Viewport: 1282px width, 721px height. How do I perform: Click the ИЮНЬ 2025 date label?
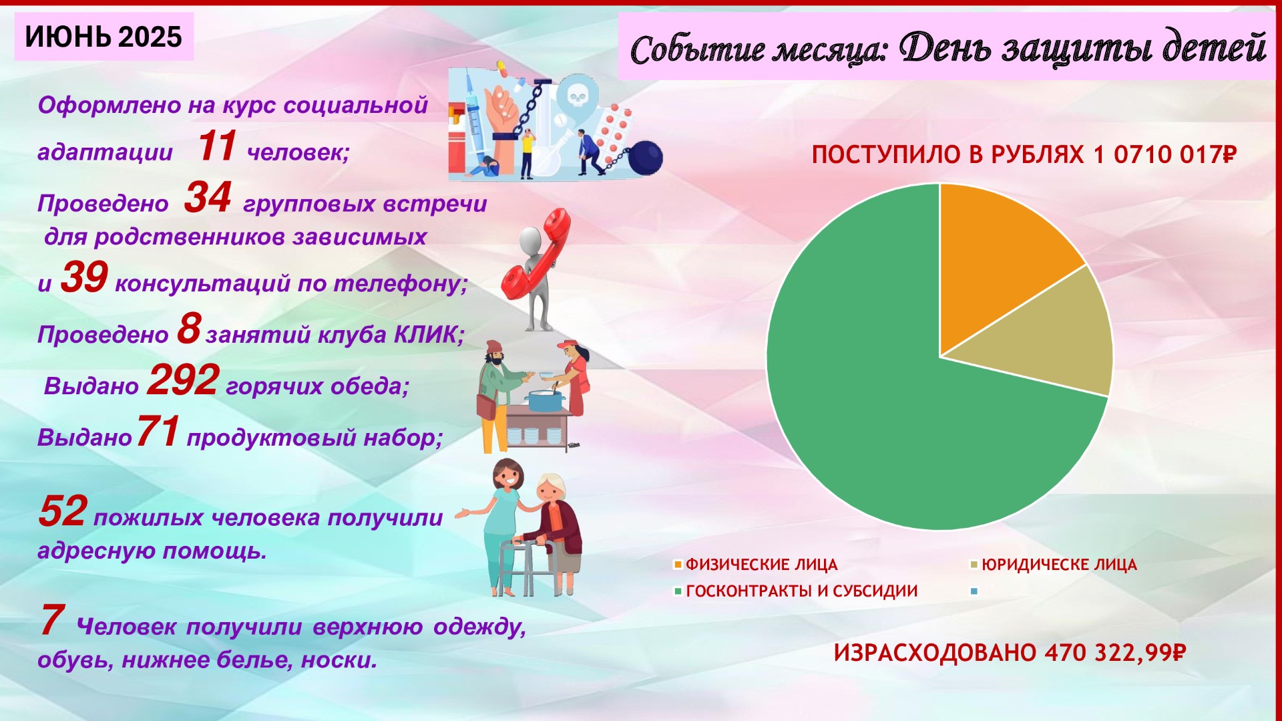[103, 37]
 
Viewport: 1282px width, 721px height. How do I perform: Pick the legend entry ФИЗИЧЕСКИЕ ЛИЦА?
[756, 565]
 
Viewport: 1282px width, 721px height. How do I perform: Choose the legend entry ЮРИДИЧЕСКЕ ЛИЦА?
[1054, 565]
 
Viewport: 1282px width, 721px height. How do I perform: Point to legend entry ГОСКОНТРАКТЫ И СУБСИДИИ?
[796, 591]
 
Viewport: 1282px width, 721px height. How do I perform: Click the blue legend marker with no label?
[974, 591]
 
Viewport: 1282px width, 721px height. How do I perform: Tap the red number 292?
[183, 380]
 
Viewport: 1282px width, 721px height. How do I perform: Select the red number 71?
[158, 431]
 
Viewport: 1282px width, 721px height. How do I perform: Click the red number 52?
[63, 511]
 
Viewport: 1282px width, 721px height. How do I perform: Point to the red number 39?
[84, 277]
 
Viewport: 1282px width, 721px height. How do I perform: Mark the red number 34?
[208, 197]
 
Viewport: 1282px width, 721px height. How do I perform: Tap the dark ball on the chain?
[645, 158]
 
